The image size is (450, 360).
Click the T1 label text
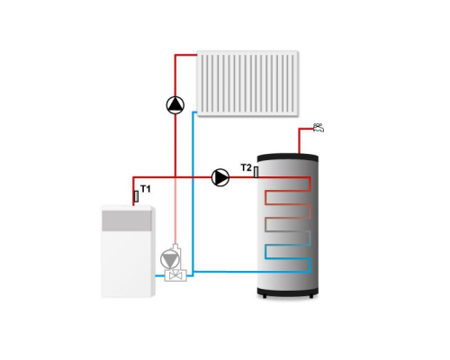pyautogui.click(x=146, y=189)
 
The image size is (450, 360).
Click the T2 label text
pyautogui.click(x=247, y=167)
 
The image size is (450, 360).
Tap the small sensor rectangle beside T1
pyautogui.click(x=136, y=196)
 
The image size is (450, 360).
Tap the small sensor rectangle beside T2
pyautogui.click(x=256, y=172)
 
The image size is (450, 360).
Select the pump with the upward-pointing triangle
pyautogui.click(x=175, y=105)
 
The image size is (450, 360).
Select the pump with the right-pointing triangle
pyautogui.click(x=220, y=177)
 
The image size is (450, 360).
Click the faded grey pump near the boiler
pyautogui.click(x=170, y=259)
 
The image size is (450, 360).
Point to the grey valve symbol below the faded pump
pyautogui.click(x=175, y=275)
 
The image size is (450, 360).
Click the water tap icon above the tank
pyautogui.click(x=319, y=128)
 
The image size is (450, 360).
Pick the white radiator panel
pyautogui.click(x=247, y=84)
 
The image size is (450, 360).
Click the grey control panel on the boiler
pyautogui.click(x=126, y=220)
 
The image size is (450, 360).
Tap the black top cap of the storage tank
pyautogui.click(x=288, y=157)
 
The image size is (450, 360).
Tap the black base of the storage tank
pyautogui.click(x=288, y=292)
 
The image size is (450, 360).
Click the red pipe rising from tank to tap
pyautogui.click(x=299, y=140)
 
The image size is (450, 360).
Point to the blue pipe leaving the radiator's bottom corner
pyautogui.click(x=193, y=192)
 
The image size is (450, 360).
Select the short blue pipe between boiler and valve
pyautogui.click(x=160, y=275)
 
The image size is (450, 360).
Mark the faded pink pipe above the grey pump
pyautogui.click(x=175, y=210)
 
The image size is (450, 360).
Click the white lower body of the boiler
pyautogui.click(x=126, y=264)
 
